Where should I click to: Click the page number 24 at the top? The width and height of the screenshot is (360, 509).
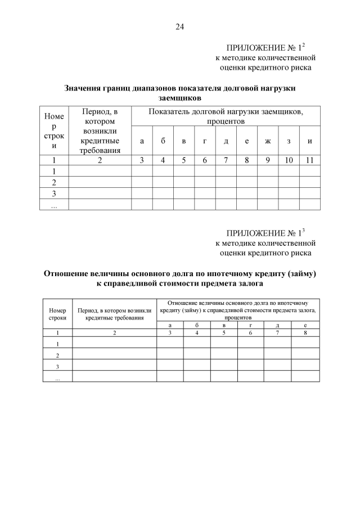[x=180, y=26]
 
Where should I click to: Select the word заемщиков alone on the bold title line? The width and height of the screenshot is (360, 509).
[x=180, y=97]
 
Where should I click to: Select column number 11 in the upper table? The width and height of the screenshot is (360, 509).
[x=310, y=160]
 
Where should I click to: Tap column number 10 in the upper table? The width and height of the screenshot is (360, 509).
[x=289, y=160]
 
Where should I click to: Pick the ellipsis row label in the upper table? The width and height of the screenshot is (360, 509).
[x=54, y=205]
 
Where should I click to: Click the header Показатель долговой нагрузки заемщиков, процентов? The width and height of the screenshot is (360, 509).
[x=226, y=116]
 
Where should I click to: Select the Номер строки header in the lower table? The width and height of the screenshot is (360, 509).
[x=57, y=314]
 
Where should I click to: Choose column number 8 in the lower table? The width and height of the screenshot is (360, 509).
[x=304, y=333]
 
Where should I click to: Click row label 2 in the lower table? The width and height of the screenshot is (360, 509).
[x=57, y=355]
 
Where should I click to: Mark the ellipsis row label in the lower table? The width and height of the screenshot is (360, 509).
[x=57, y=379]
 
